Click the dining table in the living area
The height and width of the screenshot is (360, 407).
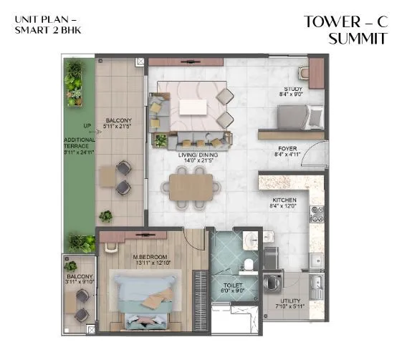pos(191,188)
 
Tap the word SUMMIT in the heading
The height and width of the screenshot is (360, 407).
pos(358,39)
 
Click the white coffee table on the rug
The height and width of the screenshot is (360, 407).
pos(192,107)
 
